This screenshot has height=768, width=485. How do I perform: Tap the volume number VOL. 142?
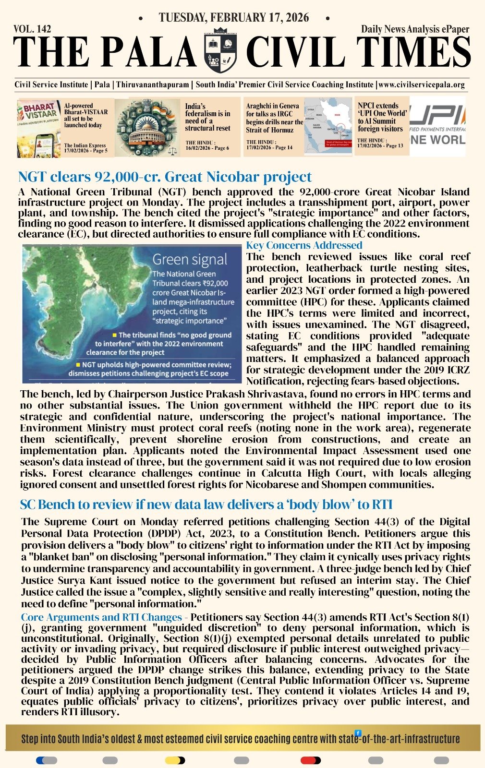click(32, 29)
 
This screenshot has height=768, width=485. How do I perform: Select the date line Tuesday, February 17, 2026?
click(234, 18)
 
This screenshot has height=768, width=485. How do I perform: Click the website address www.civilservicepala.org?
click(422, 85)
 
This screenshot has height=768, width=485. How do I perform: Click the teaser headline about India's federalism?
click(207, 117)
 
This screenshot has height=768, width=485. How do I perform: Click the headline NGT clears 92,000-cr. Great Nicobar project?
click(165, 177)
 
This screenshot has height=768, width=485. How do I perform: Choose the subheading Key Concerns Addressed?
click(304, 245)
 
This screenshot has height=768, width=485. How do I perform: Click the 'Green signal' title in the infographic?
click(190, 260)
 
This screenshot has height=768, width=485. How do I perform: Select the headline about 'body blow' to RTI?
click(206, 504)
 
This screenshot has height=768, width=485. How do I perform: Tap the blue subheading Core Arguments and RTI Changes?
click(101, 617)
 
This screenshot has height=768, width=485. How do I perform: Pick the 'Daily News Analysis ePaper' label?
click(415, 29)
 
